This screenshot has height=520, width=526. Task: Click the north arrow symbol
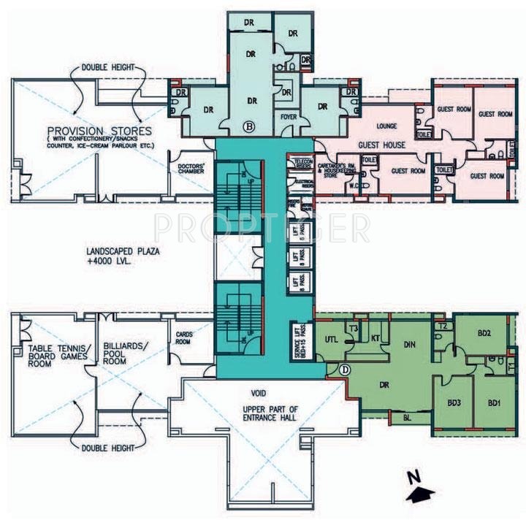click(x=418, y=489)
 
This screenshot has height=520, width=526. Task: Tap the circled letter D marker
click(x=344, y=370)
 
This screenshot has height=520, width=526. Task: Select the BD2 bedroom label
click(x=484, y=332)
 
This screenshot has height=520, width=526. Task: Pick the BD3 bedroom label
click(x=454, y=402)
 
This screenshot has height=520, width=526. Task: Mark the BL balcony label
click(x=407, y=417)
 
